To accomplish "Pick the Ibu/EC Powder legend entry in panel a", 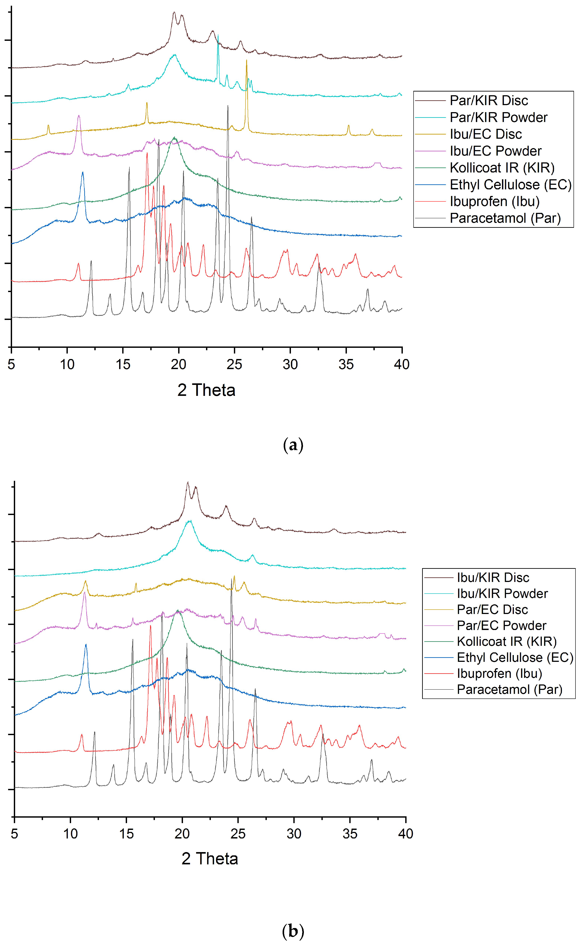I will point(495,151).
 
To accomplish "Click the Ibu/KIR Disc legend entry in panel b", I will point(493,577).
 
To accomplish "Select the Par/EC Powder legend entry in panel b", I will point(501,625).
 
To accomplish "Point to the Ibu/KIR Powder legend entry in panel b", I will point(502,594).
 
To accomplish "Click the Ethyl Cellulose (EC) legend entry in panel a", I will point(510,185).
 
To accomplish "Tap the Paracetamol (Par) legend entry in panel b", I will point(509,689).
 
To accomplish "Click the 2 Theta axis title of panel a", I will point(206,390).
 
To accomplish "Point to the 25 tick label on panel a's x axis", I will point(234,364).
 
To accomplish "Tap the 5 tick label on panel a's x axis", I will point(11,364).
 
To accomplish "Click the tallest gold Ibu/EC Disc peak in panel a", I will point(247,60).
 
